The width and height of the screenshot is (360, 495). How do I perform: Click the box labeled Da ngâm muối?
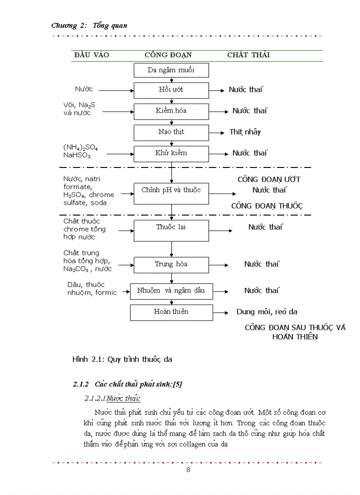coord(171,70)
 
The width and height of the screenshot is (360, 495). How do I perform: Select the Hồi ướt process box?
coord(171,90)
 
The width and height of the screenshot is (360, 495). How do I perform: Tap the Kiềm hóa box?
coord(171,111)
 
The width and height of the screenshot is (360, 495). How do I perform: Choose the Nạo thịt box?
coord(171,132)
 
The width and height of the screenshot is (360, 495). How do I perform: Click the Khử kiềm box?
coord(171,153)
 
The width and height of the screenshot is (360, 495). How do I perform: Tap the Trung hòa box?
coord(171,264)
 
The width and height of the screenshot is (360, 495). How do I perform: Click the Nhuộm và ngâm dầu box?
coord(171,291)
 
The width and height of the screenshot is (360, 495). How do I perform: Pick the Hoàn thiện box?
coord(171,312)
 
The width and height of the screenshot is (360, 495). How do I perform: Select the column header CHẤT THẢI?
coord(248,55)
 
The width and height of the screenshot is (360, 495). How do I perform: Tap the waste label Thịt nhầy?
coord(245,132)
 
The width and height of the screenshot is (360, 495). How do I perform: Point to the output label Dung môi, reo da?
coord(267,312)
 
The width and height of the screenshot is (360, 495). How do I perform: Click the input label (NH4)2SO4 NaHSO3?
coord(81,151)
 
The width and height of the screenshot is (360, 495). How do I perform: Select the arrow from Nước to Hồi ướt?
coord(116,90)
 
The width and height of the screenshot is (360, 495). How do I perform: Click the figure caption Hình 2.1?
coord(122,359)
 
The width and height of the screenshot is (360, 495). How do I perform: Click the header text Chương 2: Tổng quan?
coord(90,26)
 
